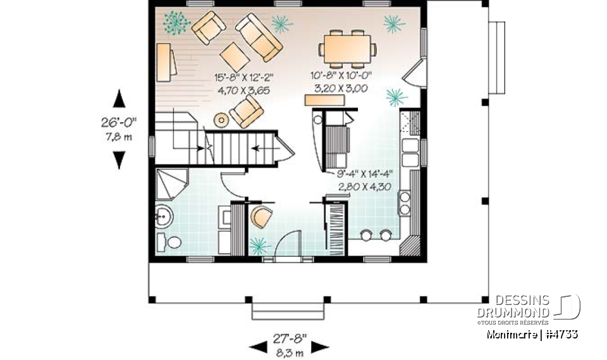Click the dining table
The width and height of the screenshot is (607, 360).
coord(346,49)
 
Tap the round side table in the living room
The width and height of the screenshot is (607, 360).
coord(221,119)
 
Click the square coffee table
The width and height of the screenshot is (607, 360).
coord(235,57)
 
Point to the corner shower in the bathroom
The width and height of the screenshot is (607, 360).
coord(170,184)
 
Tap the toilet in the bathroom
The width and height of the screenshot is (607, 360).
coord(169,242)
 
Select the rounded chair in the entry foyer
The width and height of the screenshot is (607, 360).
coord(260,217)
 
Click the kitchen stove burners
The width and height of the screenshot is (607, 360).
coord(404,202)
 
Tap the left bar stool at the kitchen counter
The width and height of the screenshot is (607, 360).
coord(365,236)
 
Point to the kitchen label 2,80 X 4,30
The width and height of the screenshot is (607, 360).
coord(364,187)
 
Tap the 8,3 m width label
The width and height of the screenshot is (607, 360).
coord(290,352)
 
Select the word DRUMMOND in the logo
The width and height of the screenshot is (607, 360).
coord(522,312)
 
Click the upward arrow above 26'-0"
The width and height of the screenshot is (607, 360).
coord(118,99)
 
